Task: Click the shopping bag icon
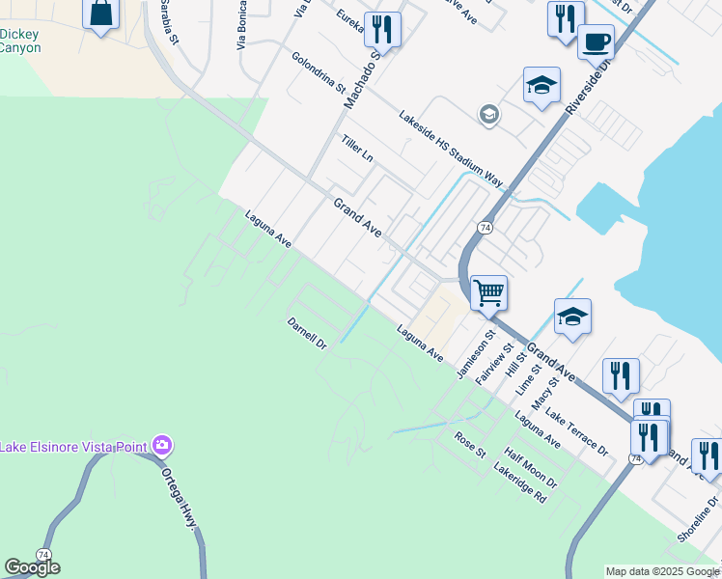click(101, 14)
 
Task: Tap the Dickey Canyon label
click(19, 41)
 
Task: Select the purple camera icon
click(161, 445)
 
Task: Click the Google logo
click(32, 567)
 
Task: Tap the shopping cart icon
click(488, 291)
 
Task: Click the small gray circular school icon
click(488, 116)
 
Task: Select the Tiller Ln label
click(356, 149)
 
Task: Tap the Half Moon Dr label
click(531, 466)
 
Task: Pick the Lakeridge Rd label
click(520, 482)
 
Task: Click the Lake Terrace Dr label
click(577, 431)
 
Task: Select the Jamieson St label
click(475, 356)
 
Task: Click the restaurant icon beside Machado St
click(383, 29)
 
